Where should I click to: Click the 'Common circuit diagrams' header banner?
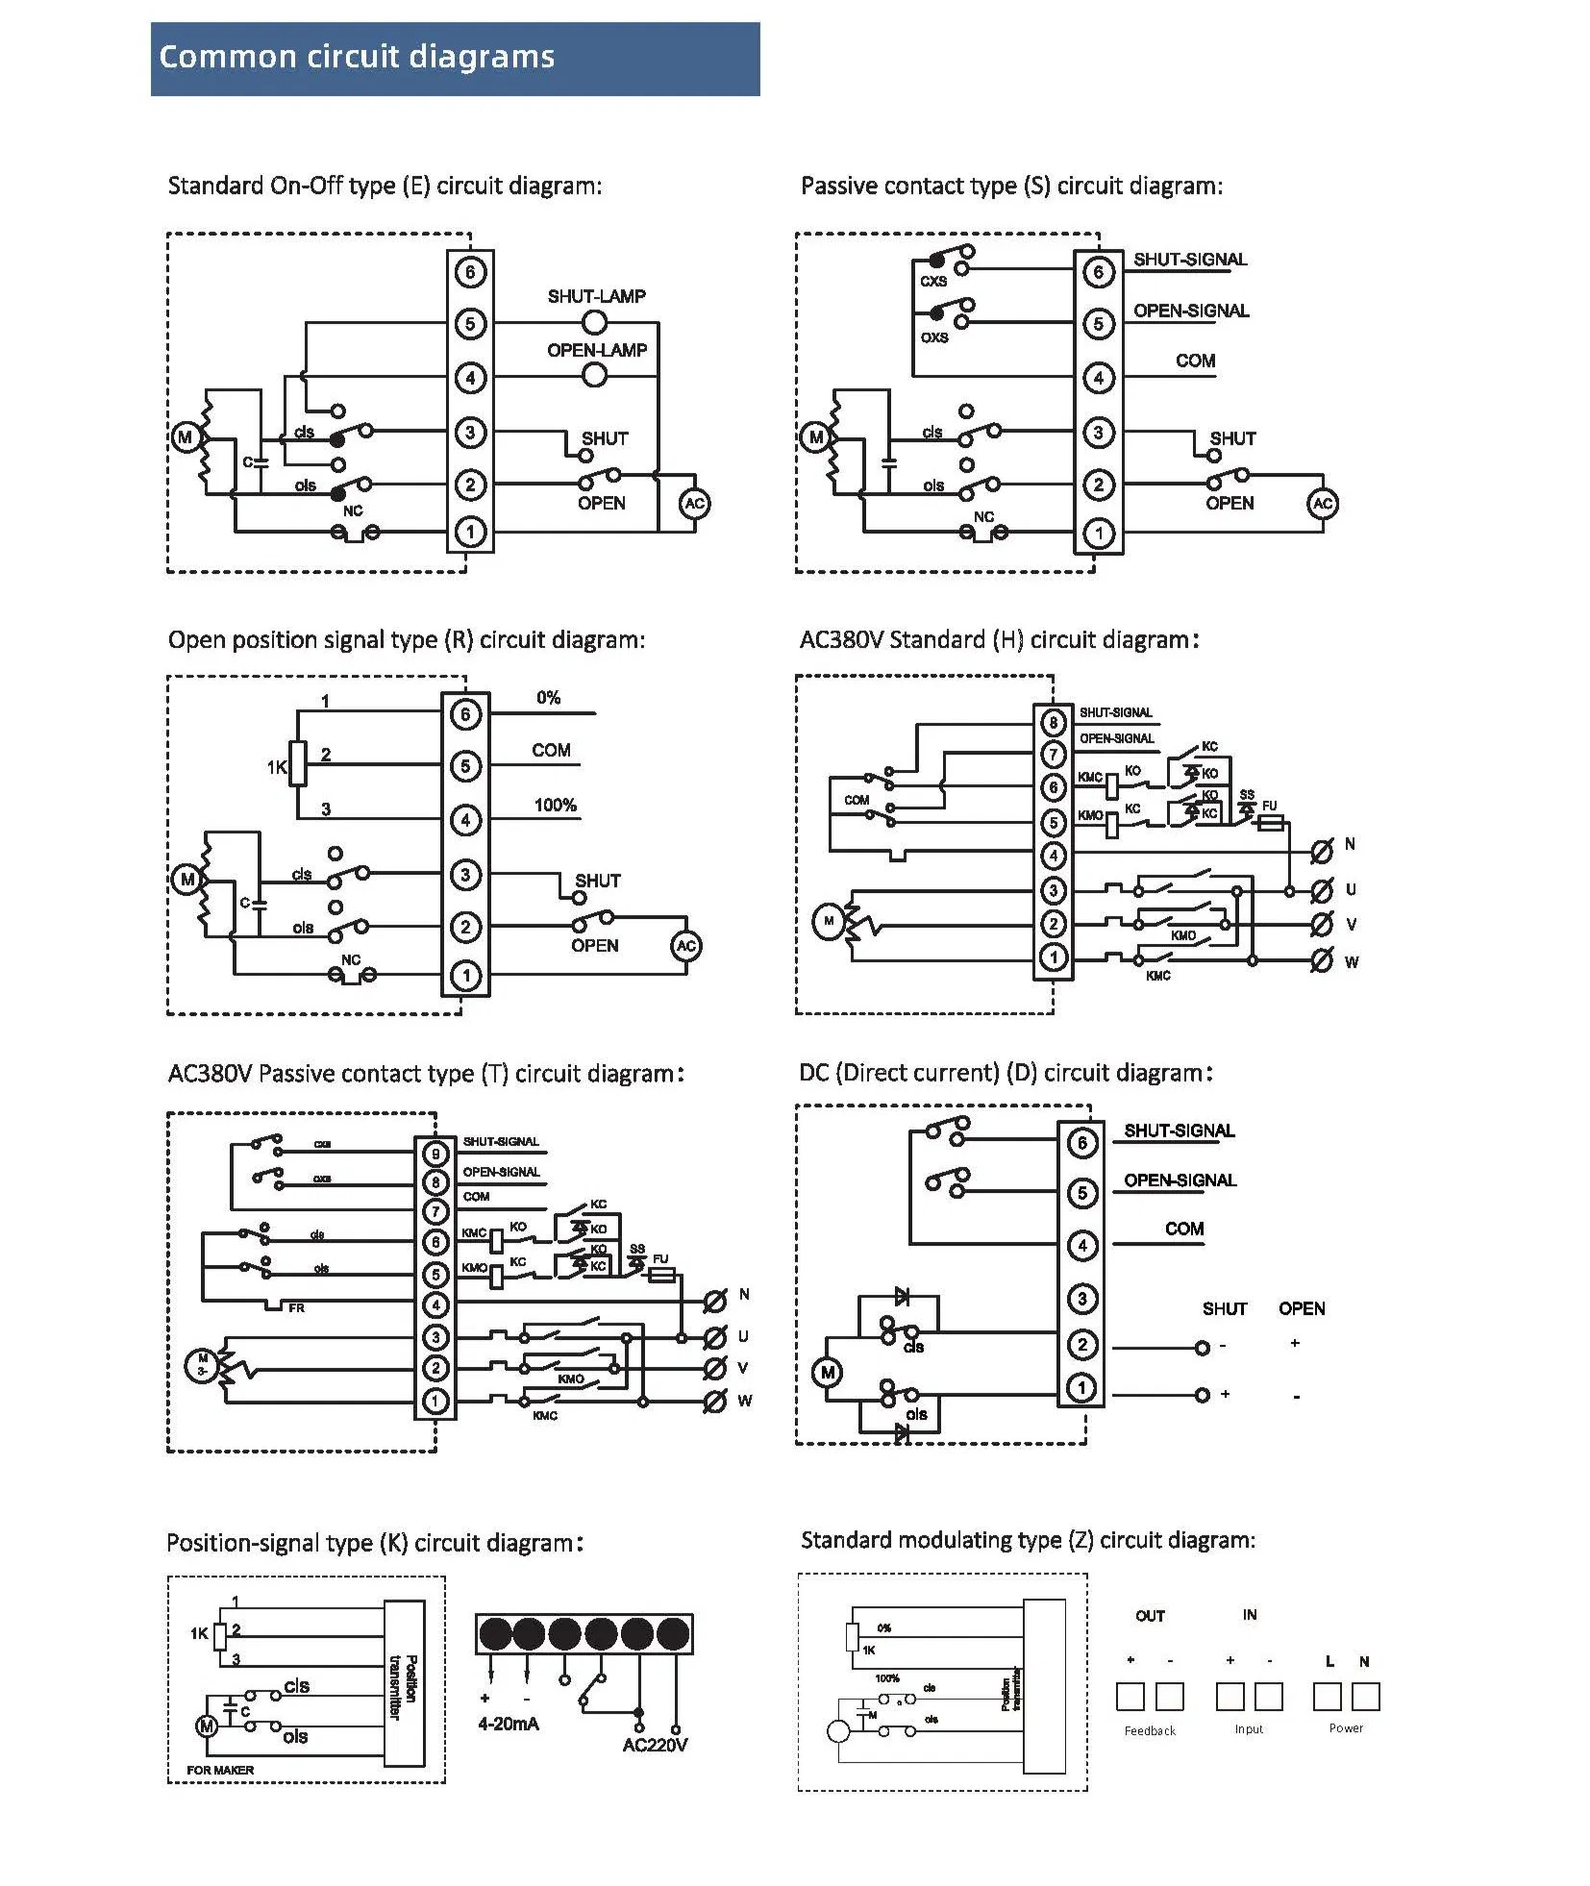454,59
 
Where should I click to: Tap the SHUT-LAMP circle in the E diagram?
595,322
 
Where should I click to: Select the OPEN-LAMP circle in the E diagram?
595,376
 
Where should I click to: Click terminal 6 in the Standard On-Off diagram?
470,272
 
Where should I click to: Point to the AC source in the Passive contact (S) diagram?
1323,503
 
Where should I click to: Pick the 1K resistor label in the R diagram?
277,767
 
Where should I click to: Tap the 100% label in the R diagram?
555,805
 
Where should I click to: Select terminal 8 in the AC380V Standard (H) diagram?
1054,722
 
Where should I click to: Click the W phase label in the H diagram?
1352,962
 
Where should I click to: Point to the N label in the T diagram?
744,1294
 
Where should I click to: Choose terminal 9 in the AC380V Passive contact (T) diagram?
435,1154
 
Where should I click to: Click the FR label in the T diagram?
296,1308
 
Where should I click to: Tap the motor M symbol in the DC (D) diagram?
828,1372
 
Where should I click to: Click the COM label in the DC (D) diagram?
1184,1228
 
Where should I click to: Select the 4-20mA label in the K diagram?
509,1724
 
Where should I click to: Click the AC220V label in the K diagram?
655,1745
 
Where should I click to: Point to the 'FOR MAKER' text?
220,1770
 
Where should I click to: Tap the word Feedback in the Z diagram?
1150,1730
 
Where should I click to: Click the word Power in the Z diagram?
1346,1727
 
